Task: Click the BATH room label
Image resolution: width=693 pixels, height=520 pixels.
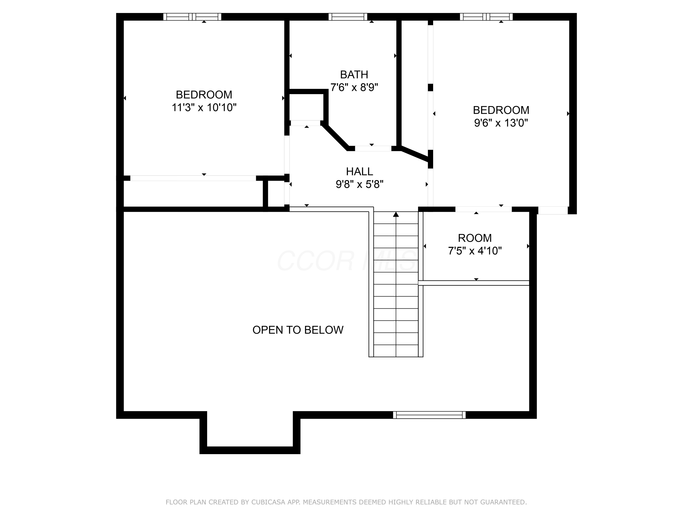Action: coord(354,75)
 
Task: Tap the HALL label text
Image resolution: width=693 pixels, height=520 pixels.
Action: coord(359,171)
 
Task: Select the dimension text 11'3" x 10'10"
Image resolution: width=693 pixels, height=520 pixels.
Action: coord(204,107)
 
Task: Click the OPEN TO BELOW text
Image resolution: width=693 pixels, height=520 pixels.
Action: coord(298,330)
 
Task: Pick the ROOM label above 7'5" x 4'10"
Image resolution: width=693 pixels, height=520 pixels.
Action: coord(475,238)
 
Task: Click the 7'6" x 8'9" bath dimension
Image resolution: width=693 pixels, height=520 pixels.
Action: coord(354,87)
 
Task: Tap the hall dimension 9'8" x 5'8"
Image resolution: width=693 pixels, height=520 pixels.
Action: coord(359,184)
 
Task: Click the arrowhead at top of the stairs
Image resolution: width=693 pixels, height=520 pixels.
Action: coord(396,214)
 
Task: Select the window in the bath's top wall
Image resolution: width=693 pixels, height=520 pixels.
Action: coord(348,17)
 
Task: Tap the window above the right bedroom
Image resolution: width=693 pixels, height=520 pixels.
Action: coord(486,17)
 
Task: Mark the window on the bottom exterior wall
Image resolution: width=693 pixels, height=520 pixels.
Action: coord(429,415)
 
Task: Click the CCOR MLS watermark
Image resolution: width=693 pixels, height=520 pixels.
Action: coord(347,261)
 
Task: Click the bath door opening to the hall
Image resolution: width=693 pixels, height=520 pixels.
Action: coord(373,149)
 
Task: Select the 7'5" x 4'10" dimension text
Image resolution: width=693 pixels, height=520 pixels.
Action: coord(475,251)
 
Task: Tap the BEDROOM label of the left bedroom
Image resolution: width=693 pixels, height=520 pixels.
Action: coord(204,95)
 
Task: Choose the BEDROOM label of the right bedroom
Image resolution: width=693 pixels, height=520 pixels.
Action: coord(501,110)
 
